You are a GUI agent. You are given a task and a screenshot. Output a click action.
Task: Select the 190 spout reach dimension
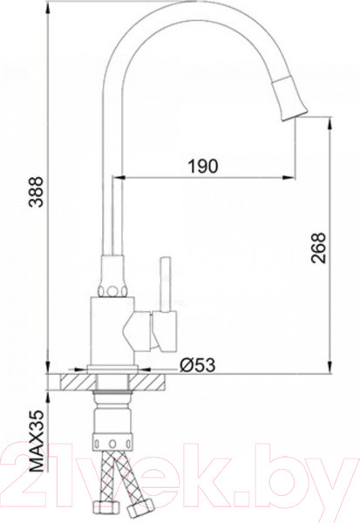(203, 165)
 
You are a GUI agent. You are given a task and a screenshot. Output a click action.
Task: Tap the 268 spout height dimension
(317, 248)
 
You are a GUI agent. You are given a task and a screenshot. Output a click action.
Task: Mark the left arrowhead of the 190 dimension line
(119, 173)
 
